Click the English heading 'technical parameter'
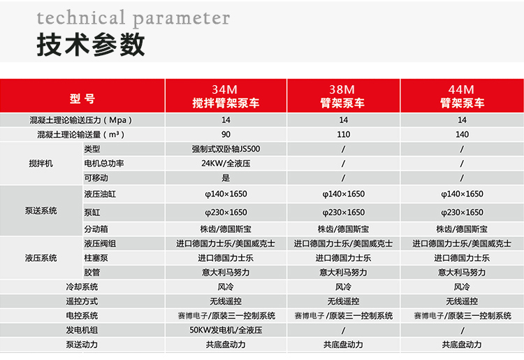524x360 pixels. click(133, 18)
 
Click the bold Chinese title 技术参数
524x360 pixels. click(91, 45)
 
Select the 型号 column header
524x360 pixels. click(82, 99)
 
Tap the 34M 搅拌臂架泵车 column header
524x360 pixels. click(226, 96)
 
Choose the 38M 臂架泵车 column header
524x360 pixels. click(342, 96)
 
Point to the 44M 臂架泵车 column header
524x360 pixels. click(462, 96)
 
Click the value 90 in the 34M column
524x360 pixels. click(226, 134)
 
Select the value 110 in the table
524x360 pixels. click(344, 134)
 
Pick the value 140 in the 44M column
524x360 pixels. click(462, 134)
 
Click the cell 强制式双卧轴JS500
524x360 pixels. click(226, 149)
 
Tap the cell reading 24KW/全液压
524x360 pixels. click(226, 164)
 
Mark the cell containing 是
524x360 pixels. click(226, 178)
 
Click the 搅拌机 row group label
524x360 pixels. click(41, 164)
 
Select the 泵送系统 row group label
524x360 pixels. click(41, 210)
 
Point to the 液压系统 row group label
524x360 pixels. click(41, 258)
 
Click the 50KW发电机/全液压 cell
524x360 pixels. click(226, 330)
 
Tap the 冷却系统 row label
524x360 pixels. click(82, 287)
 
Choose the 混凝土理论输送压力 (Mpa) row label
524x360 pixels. click(81, 120)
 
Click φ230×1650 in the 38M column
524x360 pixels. click(344, 213)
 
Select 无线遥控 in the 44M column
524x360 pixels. click(462, 301)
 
